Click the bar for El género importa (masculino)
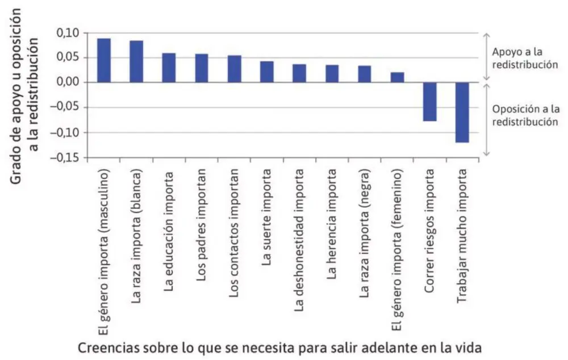pos(104,61)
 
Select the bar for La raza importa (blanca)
pos(136,62)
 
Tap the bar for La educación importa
pos(169,68)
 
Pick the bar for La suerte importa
pos(267,72)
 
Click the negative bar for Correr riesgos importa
pos(430,102)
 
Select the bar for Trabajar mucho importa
pos(462,112)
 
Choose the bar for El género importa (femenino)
pos(398,78)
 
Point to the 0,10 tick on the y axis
pos(69,33)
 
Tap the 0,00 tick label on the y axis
pos(69,83)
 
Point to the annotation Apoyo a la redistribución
pos(524,58)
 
